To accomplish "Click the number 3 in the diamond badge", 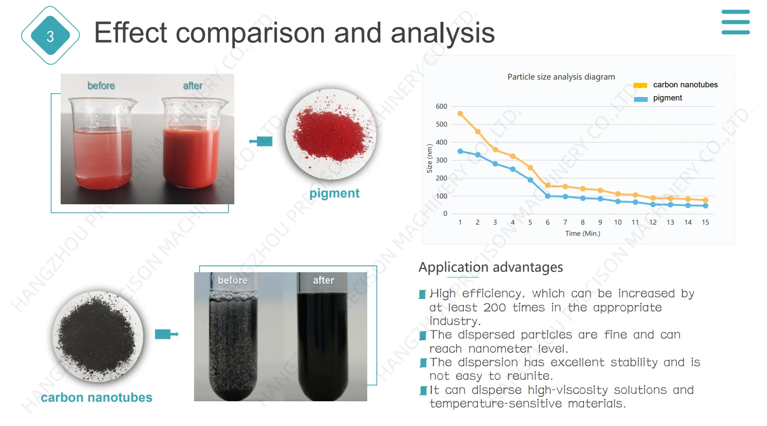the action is [50, 36].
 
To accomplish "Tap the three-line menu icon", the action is [735, 22].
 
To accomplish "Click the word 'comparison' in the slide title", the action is [250, 33].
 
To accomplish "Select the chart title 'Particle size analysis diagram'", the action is [561, 77].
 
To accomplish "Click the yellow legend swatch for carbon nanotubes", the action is [640, 85].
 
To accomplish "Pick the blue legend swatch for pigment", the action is [641, 99].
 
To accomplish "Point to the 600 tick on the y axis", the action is [441, 107].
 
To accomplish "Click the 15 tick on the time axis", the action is [705, 222].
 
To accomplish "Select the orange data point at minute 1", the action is [460, 114].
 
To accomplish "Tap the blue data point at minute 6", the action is [548, 196].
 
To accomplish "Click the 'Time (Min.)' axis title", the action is [583, 233].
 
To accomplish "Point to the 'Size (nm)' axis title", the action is [429, 158].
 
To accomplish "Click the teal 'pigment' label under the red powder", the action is [334, 194].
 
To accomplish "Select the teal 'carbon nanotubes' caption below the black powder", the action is [97, 397].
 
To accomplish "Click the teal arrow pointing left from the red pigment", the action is [261, 141].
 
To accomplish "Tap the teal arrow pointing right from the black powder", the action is [167, 334].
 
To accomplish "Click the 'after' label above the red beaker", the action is [193, 85].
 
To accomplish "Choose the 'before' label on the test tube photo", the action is [232, 280].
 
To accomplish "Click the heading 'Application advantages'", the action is [490, 267].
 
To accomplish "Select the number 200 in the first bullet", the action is [494, 308].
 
